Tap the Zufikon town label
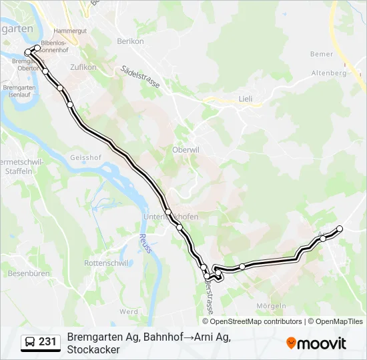(83, 67)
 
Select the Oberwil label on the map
(186, 149)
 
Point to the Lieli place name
(246, 99)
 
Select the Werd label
(129, 311)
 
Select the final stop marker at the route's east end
(340, 229)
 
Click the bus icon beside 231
(30, 342)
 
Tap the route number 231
(47, 342)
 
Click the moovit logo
(316, 343)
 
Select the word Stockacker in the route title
(93, 349)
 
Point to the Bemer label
(321, 53)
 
